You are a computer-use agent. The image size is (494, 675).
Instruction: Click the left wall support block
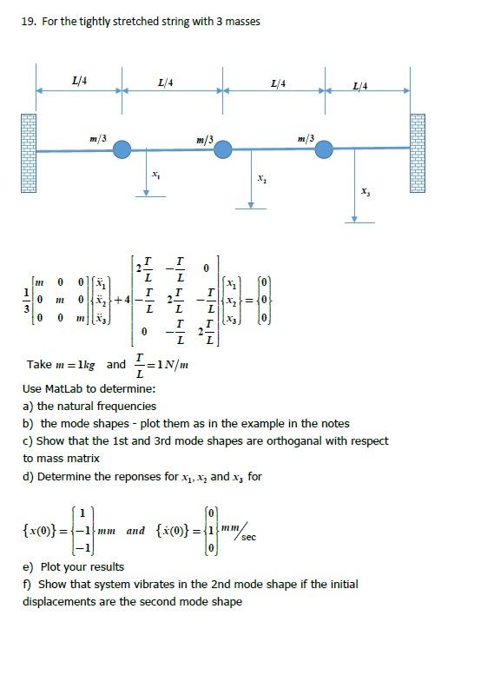click(x=29, y=153)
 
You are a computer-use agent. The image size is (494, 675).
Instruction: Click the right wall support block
click(x=418, y=153)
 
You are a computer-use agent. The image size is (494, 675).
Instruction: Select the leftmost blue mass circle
click(x=122, y=150)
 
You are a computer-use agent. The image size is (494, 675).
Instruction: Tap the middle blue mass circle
click(x=223, y=150)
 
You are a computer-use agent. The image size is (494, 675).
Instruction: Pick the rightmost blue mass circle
click(x=324, y=150)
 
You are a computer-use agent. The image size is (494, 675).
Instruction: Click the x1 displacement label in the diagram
click(x=155, y=175)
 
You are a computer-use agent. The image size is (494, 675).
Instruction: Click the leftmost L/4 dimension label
click(x=79, y=81)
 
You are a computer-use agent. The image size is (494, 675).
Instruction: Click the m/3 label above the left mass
click(x=98, y=138)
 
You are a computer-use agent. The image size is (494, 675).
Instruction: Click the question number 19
click(x=27, y=21)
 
